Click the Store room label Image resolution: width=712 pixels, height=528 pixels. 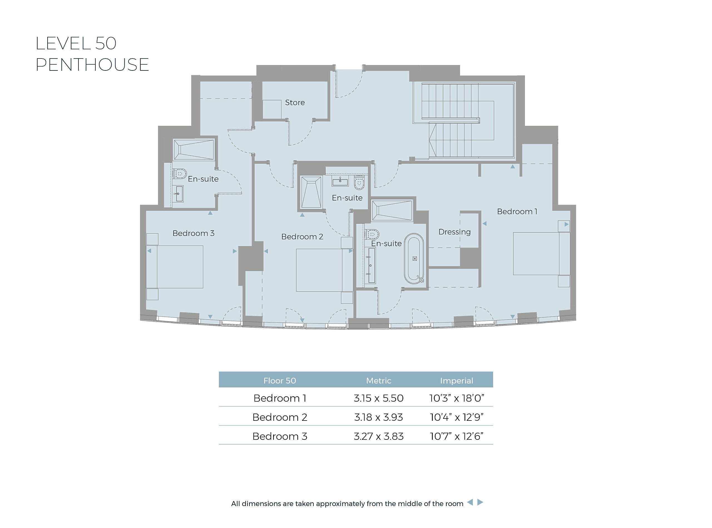pyautogui.click(x=295, y=102)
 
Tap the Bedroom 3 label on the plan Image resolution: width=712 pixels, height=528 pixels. pyautogui.click(x=193, y=233)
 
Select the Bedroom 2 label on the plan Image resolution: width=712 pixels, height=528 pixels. pyautogui.click(x=302, y=236)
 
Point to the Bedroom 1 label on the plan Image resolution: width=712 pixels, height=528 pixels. pyautogui.click(x=517, y=212)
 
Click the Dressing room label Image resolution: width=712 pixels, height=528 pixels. pyautogui.click(x=454, y=232)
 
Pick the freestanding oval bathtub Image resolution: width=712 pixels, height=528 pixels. pyautogui.click(x=414, y=258)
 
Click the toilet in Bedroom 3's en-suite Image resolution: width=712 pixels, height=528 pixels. pyautogui.click(x=180, y=174)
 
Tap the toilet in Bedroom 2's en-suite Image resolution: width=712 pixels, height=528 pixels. pyautogui.click(x=359, y=182)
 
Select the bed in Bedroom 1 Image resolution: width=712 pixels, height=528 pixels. pyautogui.click(x=541, y=254)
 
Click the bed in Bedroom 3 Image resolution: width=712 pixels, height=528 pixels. pyautogui.click(x=175, y=267)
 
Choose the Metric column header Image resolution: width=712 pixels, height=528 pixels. pyautogui.click(x=379, y=381)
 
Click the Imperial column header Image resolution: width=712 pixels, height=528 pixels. pyautogui.click(x=457, y=381)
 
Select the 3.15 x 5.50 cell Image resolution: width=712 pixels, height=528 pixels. pyautogui.click(x=379, y=398)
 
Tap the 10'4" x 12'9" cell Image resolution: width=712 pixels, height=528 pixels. pyautogui.click(x=457, y=417)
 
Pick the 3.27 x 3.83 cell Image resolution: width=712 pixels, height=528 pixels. pyautogui.click(x=379, y=436)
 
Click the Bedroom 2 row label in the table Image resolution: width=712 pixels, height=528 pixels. pyautogui.click(x=280, y=417)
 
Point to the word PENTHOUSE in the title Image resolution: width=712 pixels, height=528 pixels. pyautogui.click(x=92, y=65)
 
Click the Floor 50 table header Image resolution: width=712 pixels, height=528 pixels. pyautogui.click(x=280, y=381)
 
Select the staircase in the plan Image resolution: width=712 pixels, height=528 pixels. pyautogui.click(x=463, y=121)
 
